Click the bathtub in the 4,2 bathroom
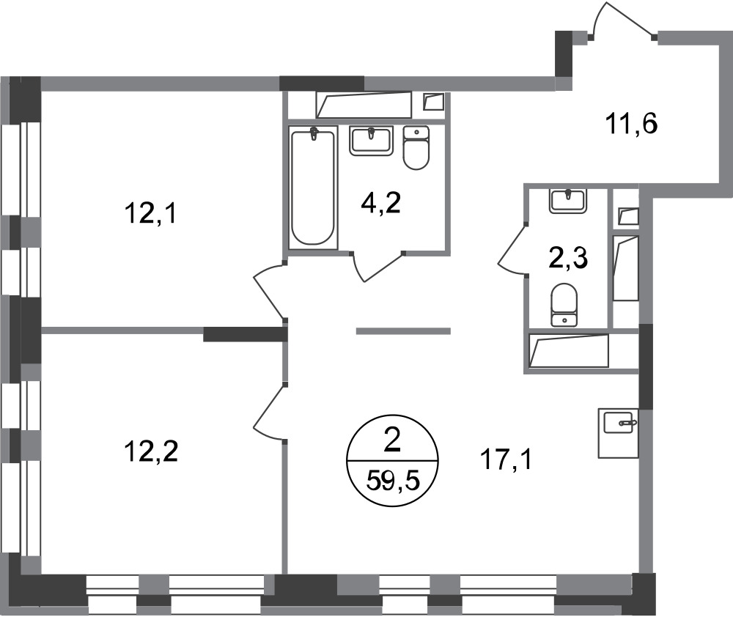tap(313, 187)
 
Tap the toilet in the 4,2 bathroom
tap(416, 147)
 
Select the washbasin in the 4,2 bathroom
tap(371, 141)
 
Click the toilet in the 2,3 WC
tap(564, 304)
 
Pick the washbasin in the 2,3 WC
tap(568, 201)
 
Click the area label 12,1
tap(150, 215)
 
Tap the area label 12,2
tap(151, 452)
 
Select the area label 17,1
tap(507, 460)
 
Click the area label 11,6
tap(632, 125)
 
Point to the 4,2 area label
tap(381, 204)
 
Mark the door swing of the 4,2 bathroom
tap(376, 267)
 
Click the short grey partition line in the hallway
tap(403, 331)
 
